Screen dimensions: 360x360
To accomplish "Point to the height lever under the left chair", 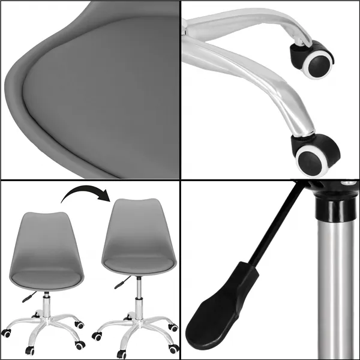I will (x=26, y=296).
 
